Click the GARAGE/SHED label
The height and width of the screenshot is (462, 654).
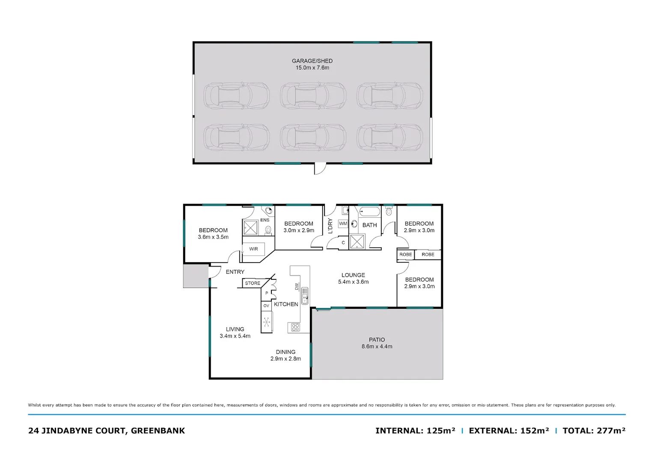pyautogui.click(x=312, y=61)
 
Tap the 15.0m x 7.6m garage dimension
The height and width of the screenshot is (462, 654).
pyautogui.click(x=312, y=68)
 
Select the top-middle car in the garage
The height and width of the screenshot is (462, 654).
pyautogui.click(x=313, y=95)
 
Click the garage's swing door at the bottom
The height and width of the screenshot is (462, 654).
pyautogui.click(x=320, y=169)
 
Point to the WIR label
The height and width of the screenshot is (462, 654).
pyautogui.click(x=253, y=249)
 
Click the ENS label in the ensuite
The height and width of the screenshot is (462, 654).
pyautogui.click(x=265, y=220)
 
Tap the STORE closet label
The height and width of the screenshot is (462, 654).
pyautogui.click(x=253, y=283)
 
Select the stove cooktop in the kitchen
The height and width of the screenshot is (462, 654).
pyautogui.click(x=295, y=327)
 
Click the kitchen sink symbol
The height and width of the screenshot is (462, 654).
pyautogui.click(x=305, y=296)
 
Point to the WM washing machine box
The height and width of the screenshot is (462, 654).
pyautogui.click(x=343, y=224)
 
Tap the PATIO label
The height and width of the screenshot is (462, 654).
pyautogui.click(x=377, y=340)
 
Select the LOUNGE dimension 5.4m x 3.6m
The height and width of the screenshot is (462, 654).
pyautogui.click(x=353, y=282)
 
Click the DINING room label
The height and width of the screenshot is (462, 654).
pyautogui.click(x=285, y=352)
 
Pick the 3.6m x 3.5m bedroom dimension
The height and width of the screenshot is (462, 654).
pyautogui.click(x=213, y=237)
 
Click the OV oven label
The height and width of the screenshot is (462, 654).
pyautogui.click(x=266, y=306)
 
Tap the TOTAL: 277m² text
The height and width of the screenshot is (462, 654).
pyautogui.click(x=594, y=431)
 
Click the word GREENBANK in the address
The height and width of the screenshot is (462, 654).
pyautogui.click(x=158, y=431)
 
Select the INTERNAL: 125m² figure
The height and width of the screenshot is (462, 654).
pyautogui.click(x=415, y=431)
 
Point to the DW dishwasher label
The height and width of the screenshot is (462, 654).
pyautogui.click(x=296, y=287)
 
